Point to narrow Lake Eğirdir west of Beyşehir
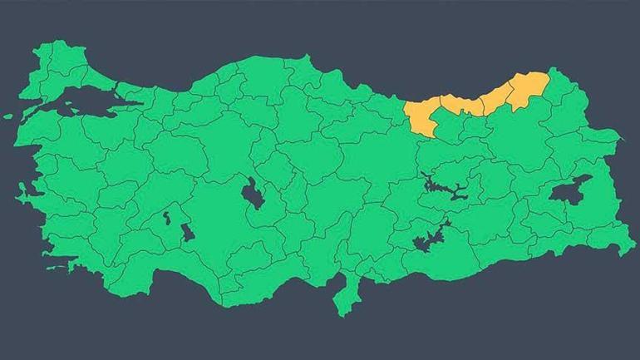165,219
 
